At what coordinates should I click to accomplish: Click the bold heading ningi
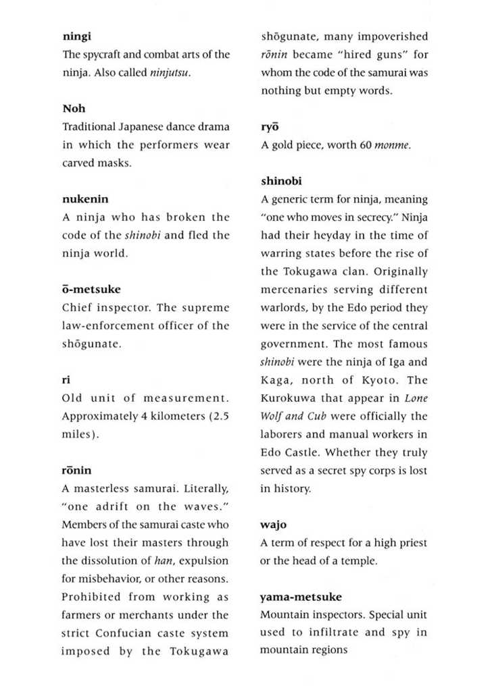(x=76, y=36)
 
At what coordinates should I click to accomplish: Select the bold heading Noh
(x=74, y=109)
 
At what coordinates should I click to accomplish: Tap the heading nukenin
(x=85, y=199)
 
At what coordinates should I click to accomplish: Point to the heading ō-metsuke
(x=91, y=289)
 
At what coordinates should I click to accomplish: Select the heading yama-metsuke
(x=301, y=597)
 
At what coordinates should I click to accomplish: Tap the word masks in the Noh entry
(x=115, y=163)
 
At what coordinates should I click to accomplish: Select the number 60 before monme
(x=365, y=145)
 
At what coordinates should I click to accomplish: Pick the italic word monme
(x=392, y=145)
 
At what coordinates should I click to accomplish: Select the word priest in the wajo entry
(x=412, y=543)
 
